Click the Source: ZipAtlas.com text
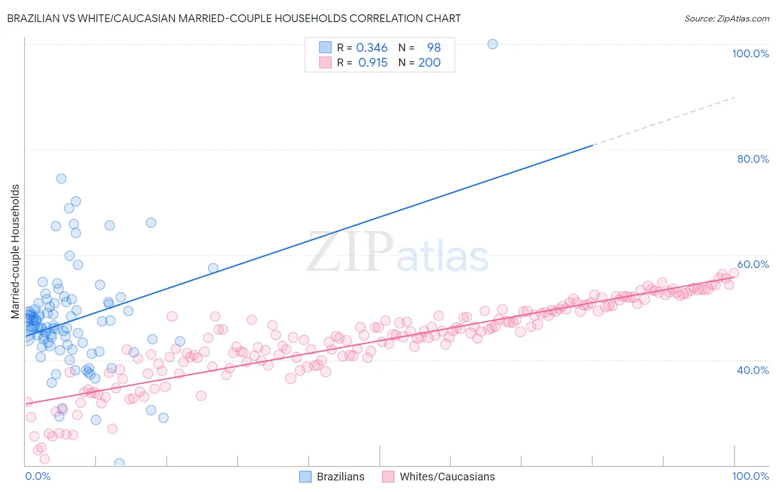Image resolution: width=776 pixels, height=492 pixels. coord(726,18)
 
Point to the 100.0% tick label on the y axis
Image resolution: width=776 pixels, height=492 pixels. coord(750,54)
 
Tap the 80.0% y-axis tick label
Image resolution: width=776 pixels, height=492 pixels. coord(753,159)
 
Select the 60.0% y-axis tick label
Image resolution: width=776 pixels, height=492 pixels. coord(753,264)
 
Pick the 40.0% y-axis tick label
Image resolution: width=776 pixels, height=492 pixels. coord(753,370)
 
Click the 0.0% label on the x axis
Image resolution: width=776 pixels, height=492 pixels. coord(38,476)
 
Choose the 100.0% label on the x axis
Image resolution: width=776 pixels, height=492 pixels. coord(750,476)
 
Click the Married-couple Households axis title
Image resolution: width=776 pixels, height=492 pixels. coord(15,252)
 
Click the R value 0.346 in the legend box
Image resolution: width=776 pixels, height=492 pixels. coord(371,47)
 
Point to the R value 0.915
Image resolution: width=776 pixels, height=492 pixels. coord(373,62)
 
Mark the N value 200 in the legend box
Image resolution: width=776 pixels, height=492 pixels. coord(429,62)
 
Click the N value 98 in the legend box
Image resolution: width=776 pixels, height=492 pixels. coord(434,47)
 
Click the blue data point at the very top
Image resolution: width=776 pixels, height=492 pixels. coord(492,44)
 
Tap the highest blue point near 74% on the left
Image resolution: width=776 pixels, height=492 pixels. coord(61,179)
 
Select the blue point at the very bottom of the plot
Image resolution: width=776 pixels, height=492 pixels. coord(119,463)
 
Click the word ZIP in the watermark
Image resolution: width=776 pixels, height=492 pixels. coord(350,252)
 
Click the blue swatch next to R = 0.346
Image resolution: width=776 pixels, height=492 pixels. coord(326,47)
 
